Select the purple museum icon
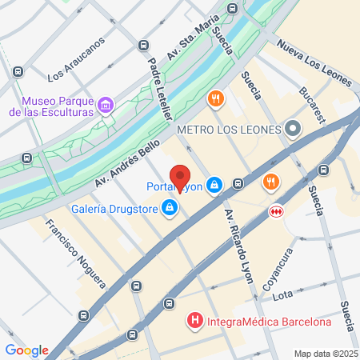pos(105,106)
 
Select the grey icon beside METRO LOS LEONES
pos(293,128)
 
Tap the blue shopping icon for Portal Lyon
pos(214,186)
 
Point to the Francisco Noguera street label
pos(75,252)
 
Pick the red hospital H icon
pos(194,322)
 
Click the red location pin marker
pos(181,177)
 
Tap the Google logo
pos(26,350)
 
